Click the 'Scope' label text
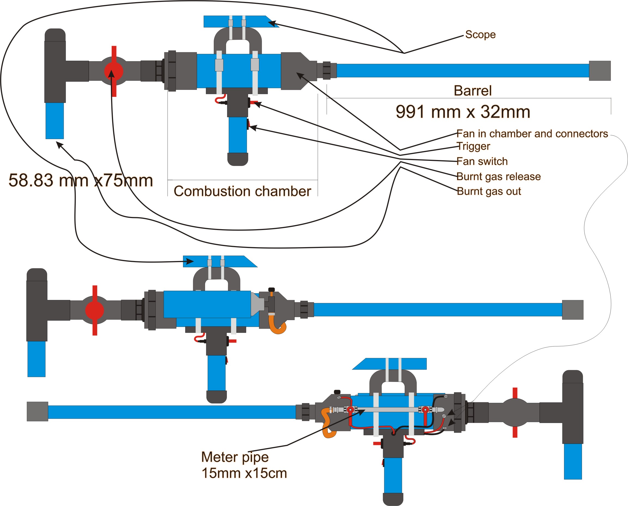pyautogui.click(x=480, y=34)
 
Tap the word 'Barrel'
pyautogui.click(x=472, y=91)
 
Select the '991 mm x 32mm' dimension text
pyautogui.click(x=463, y=112)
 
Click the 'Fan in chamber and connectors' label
pyautogui.click(x=532, y=133)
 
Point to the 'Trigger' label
pyautogui.click(x=473, y=146)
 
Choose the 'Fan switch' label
pyautogui.click(x=482, y=161)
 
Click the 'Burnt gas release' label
pyautogui.click(x=499, y=176)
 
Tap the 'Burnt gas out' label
pyautogui.click(x=489, y=191)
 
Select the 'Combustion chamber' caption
pyautogui.click(x=242, y=191)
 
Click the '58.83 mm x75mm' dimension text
pyautogui.click(x=80, y=180)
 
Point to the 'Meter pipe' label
pyautogui.click(x=235, y=457)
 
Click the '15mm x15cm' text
pyautogui.click(x=244, y=473)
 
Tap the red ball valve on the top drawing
pyautogui.click(x=114, y=71)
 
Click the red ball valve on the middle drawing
pyautogui.click(x=94, y=310)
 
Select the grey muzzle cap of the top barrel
pyautogui.click(x=600, y=70)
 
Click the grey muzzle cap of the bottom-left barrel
pyautogui.click(x=37, y=411)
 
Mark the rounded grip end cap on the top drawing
pyautogui.click(x=238, y=159)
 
